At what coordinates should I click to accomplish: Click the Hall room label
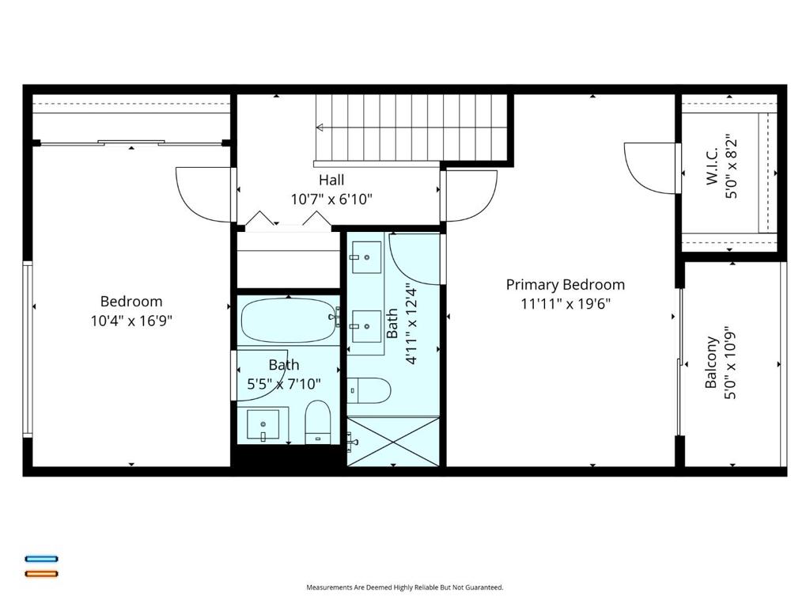[x=331, y=180]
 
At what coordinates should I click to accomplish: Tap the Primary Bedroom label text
[x=565, y=284]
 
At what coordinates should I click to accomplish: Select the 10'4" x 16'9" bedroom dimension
[x=131, y=321]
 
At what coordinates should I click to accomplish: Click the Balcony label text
[x=711, y=363]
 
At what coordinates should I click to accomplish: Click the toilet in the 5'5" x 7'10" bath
[x=318, y=422]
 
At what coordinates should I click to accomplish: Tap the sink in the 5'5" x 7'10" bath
[x=263, y=425]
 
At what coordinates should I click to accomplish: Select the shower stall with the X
[x=392, y=442]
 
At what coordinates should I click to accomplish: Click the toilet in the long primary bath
[x=369, y=390]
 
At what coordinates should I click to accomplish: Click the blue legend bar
[x=42, y=558]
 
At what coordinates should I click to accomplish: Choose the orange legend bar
[x=42, y=573]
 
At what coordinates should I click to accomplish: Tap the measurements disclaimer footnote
[x=404, y=587]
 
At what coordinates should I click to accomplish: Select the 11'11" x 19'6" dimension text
[x=565, y=303]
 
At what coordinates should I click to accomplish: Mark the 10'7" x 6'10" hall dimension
[x=331, y=199]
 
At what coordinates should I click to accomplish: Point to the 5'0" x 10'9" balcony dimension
[x=730, y=363]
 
